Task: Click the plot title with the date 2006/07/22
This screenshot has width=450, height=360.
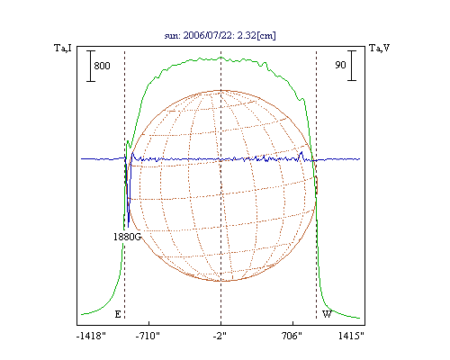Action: pyautogui.click(x=220, y=35)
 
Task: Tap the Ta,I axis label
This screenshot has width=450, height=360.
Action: pyautogui.click(x=63, y=48)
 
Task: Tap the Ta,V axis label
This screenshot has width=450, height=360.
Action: pyautogui.click(x=379, y=48)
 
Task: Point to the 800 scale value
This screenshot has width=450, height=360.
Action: pyautogui.click(x=102, y=66)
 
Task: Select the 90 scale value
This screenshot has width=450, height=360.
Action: pyautogui.click(x=340, y=65)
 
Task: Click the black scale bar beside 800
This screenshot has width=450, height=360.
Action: pyautogui.click(x=91, y=66)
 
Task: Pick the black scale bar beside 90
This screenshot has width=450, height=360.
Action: pyautogui.click(x=352, y=66)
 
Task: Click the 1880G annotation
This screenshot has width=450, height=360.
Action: pyautogui.click(x=127, y=237)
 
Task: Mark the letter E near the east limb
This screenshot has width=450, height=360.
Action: pyautogui.click(x=118, y=314)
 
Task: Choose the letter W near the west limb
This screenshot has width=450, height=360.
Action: pyautogui.click(x=327, y=314)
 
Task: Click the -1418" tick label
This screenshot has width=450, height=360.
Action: pyautogui.click(x=91, y=336)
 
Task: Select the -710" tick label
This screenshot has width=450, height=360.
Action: pyautogui.click(x=148, y=336)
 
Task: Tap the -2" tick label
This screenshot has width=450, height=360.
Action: pyautogui.click(x=220, y=336)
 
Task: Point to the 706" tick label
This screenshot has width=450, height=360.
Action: pyautogui.click(x=292, y=336)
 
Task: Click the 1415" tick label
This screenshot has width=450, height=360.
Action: pyautogui.click(x=351, y=336)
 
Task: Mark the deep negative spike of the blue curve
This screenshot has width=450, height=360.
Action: pyautogui.click(x=129, y=227)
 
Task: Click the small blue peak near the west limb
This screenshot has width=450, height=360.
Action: pyautogui.click(x=301, y=152)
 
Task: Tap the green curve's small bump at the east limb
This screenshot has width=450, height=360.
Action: pyautogui.click(x=128, y=141)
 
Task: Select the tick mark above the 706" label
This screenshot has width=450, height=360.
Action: pyautogui.click(x=292, y=322)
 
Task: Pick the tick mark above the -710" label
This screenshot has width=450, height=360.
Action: pyautogui.click(x=148, y=322)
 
